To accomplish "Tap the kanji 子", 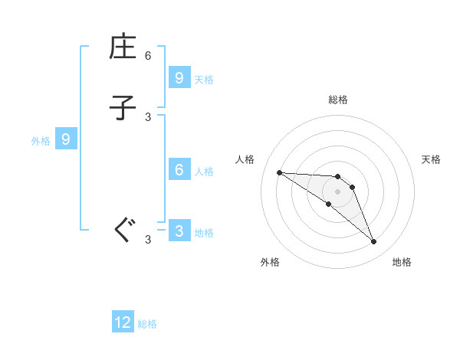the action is point(123,108).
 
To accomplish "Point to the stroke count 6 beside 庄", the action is point(148,56).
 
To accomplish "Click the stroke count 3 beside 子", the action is point(148,116).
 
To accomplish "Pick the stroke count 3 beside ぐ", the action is point(148,240).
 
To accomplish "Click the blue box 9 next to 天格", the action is point(179,78).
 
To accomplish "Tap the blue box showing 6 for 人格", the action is point(179,171).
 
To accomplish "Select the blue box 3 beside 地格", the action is point(179,231).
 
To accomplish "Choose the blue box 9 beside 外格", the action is point(66,139).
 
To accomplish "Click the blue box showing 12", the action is point(123,322).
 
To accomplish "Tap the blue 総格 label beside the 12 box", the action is point(147,324).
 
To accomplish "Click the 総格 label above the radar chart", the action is point(338,100).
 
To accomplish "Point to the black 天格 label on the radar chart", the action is point(431,159).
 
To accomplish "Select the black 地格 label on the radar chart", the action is point(402,262).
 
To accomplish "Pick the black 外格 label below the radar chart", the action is point(270,262).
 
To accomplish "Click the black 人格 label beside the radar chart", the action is point(245,159).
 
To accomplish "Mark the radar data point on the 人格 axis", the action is point(279,172).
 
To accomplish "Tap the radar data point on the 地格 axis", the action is point(373,242).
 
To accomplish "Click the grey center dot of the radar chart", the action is point(337,191).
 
